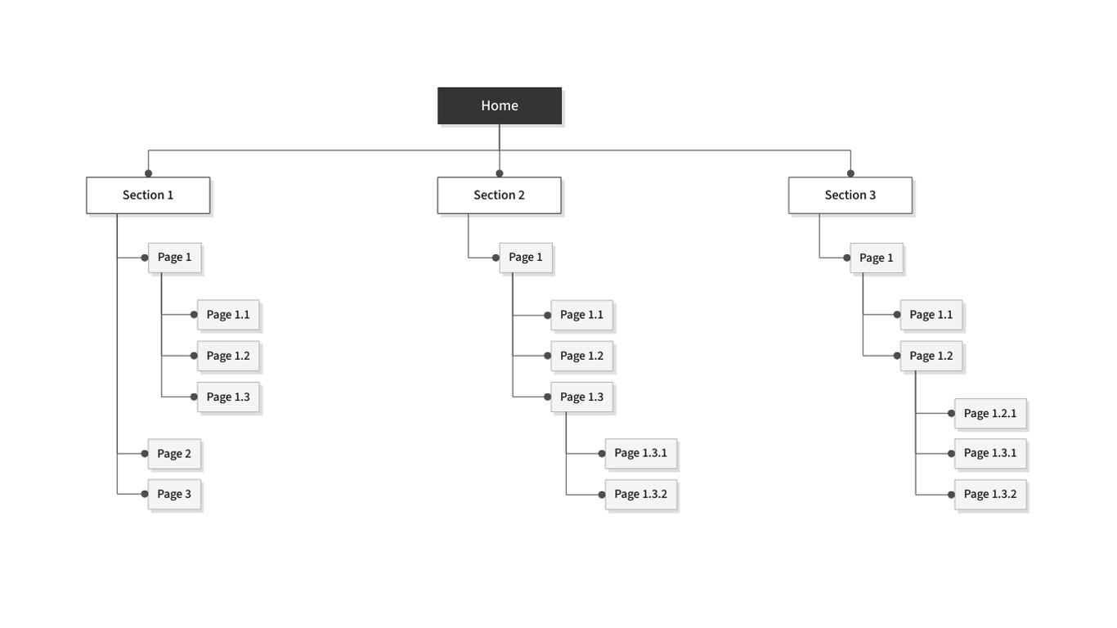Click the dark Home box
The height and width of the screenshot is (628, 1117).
[x=500, y=105]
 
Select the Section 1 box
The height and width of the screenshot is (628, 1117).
[x=148, y=195]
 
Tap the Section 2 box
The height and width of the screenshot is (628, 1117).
[x=499, y=195]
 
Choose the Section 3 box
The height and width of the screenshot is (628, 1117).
[x=850, y=195]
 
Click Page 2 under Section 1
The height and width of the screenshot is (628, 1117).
[x=174, y=454]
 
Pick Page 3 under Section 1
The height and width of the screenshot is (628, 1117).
[x=174, y=494]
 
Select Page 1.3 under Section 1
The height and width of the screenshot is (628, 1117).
[x=228, y=397]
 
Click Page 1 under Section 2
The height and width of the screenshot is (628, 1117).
[x=526, y=258]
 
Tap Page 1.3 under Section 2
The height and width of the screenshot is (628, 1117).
[x=581, y=397]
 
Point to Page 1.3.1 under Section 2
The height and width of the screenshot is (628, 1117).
[x=640, y=453]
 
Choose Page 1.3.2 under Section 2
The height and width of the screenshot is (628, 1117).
[x=640, y=494]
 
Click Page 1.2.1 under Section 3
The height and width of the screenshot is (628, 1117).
[x=990, y=414]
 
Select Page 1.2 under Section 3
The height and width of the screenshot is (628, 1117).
[x=931, y=356]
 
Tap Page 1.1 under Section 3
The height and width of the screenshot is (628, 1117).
[x=931, y=315]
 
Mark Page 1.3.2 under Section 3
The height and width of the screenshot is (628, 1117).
[x=990, y=494]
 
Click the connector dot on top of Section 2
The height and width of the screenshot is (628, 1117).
[x=500, y=173]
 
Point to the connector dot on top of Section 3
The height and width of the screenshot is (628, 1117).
[x=850, y=173]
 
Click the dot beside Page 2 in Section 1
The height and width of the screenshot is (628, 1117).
[x=145, y=454]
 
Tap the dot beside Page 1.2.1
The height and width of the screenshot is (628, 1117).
[x=951, y=414]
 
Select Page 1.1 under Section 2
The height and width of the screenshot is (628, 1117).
[x=581, y=315]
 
